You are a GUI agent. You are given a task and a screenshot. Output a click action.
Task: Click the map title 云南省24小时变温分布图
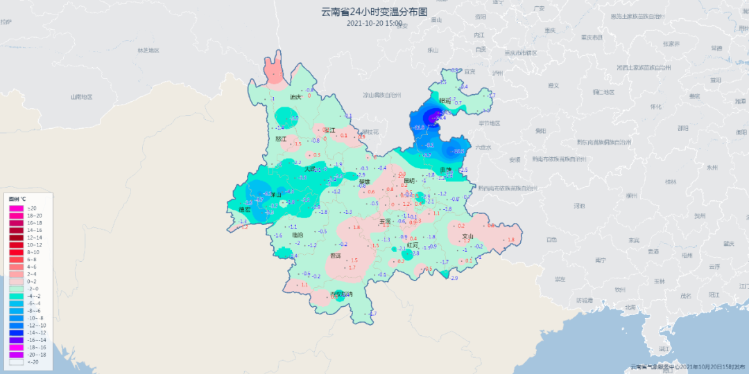(374, 12)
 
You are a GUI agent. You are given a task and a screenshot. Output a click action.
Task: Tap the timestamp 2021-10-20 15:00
(374, 23)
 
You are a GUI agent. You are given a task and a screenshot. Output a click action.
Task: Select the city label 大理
(310, 168)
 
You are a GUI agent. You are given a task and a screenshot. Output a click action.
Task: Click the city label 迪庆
(295, 97)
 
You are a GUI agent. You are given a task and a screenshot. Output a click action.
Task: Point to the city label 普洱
(335, 256)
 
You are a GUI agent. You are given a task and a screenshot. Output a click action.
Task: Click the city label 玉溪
(385, 222)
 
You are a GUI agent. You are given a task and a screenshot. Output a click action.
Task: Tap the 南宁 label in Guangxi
(601, 260)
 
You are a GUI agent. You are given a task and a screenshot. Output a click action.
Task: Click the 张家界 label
(670, 43)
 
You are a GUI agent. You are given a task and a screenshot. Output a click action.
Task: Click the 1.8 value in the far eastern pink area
(511, 240)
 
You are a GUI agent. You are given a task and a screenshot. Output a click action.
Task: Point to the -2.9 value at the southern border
(454, 278)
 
